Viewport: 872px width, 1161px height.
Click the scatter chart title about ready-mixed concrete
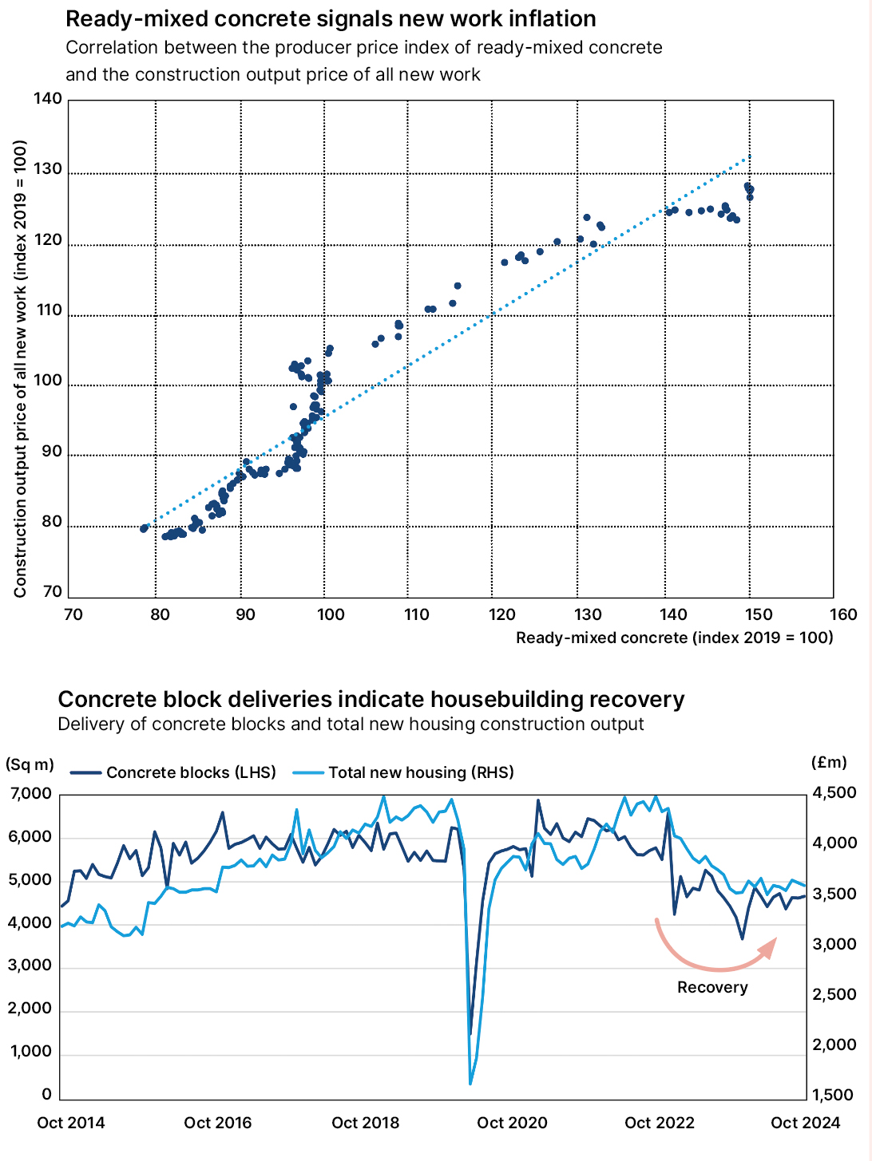coord(331,19)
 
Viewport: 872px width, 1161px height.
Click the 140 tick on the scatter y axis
coord(48,99)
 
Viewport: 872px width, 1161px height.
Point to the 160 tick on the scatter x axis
coord(843,614)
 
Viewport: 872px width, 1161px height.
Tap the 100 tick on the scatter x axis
coord(330,614)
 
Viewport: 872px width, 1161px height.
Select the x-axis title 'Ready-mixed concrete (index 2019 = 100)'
coord(674,638)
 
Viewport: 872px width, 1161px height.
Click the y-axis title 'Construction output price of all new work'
coord(21,369)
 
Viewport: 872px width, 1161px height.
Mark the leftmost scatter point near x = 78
coord(144,528)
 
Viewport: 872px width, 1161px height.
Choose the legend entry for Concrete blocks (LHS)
coord(173,772)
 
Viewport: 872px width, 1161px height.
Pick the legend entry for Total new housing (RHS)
coord(403,772)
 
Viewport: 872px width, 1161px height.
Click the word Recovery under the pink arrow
coord(712,988)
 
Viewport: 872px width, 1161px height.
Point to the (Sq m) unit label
coord(30,764)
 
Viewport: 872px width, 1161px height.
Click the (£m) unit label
coord(828,762)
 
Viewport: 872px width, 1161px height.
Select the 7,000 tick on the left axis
coord(31,794)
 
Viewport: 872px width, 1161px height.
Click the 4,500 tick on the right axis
coord(834,793)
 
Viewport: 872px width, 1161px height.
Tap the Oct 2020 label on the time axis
coord(512,1123)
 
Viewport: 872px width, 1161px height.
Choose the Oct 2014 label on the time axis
coord(71,1123)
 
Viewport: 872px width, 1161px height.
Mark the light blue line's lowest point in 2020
coord(470,1084)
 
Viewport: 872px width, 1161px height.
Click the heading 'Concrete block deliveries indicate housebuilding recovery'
coord(371,700)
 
